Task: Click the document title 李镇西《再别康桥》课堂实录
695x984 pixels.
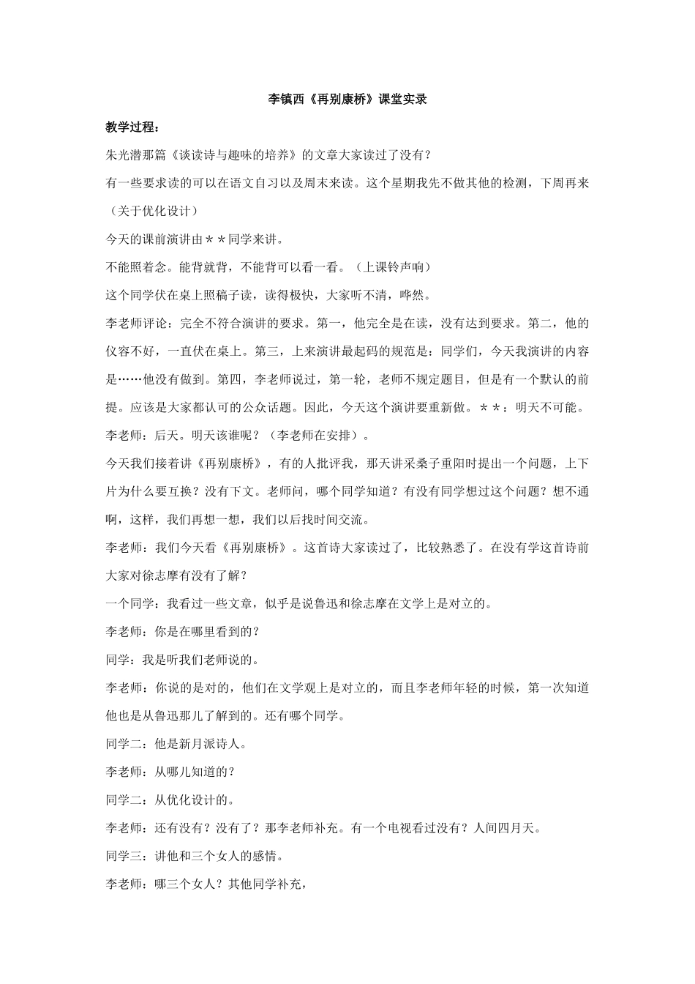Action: [x=347, y=100]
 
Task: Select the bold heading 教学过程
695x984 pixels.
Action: [x=132, y=127]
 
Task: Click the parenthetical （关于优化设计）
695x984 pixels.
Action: [x=151, y=211]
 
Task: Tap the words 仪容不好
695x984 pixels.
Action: [x=138, y=351]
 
